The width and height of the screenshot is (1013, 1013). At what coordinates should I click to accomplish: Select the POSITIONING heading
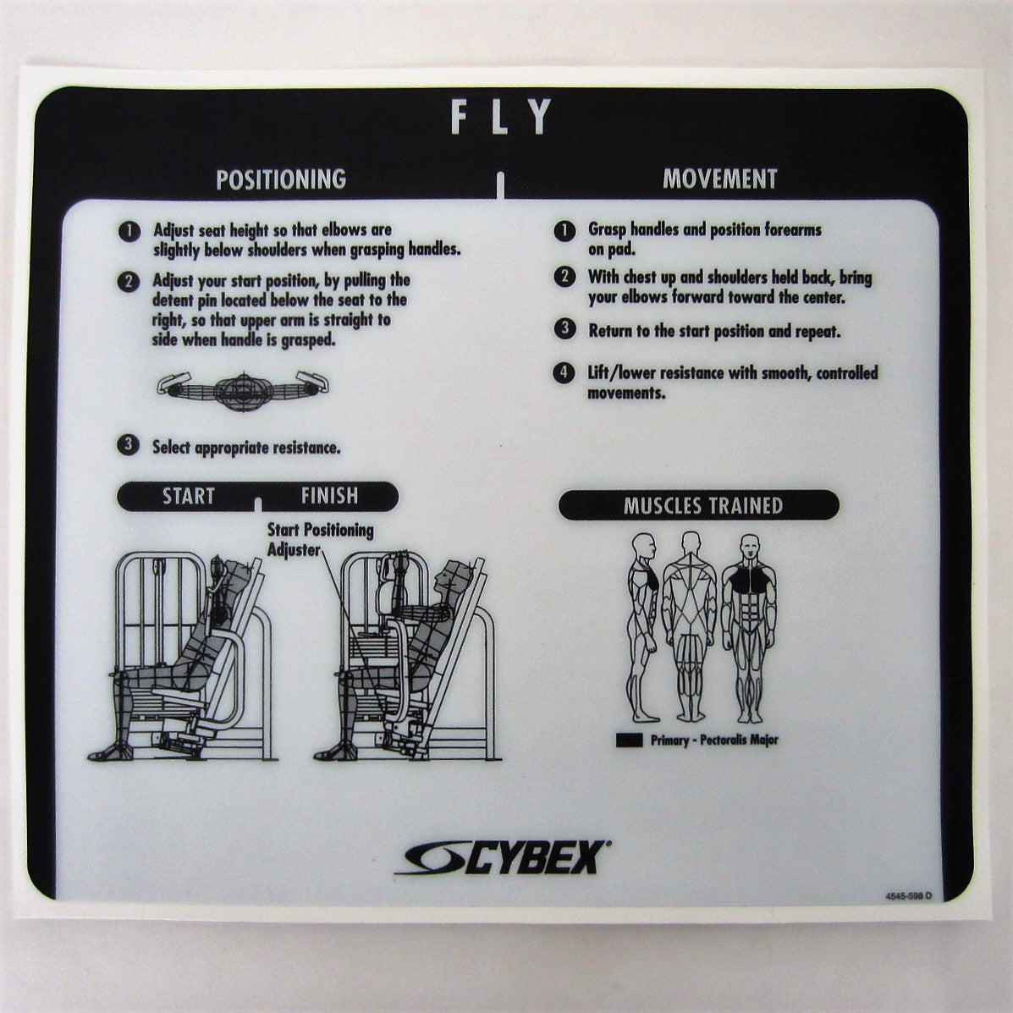[x=281, y=179]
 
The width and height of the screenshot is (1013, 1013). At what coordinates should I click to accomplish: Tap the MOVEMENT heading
[x=719, y=179]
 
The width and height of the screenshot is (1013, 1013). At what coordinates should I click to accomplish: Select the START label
[x=188, y=497]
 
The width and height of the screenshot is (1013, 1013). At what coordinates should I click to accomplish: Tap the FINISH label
[x=329, y=496]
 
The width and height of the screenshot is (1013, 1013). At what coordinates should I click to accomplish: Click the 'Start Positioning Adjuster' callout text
[x=320, y=539]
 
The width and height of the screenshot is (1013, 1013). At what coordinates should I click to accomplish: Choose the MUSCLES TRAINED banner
[x=702, y=506]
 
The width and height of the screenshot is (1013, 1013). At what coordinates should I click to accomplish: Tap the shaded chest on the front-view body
[x=748, y=580]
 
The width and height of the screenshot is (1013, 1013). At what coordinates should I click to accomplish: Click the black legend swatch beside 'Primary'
[x=631, y=740]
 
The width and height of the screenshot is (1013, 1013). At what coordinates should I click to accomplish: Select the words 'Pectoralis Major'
[x=739, y=740]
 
